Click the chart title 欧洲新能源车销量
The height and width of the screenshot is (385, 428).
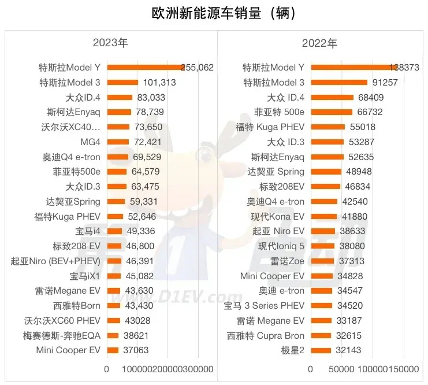point(214,13)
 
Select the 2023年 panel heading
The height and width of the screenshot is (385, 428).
point(110,43)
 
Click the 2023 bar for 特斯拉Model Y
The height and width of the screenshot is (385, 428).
point(144,68)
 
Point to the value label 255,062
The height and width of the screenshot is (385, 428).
point(197,68)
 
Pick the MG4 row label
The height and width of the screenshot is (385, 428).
point(90,142)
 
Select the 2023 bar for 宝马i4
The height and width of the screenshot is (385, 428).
point(115,231)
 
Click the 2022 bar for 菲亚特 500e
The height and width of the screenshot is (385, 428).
point(332,112)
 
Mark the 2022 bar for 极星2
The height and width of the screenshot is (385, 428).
point(321,350)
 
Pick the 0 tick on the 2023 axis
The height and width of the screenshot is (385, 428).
point(107,369)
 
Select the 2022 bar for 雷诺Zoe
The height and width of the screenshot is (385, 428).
point(323,261)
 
